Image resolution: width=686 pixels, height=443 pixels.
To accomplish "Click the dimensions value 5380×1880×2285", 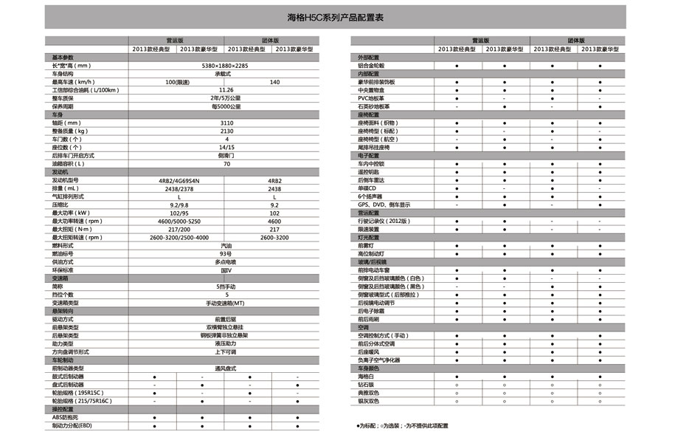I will click(226, 66).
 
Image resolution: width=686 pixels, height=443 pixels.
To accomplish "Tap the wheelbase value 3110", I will click(226, 123).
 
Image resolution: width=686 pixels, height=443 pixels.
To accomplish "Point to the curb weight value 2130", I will click(226, 131).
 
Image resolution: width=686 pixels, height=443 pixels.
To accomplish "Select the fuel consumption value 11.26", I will click(226, 90).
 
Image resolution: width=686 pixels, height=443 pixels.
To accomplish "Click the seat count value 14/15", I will click(226, 147).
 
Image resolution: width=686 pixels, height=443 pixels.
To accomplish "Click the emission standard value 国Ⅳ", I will click(226, 270).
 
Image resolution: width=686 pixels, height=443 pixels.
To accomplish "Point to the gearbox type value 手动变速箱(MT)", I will click(226, 303).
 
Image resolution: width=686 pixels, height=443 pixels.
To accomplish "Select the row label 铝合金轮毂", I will click(371, 66).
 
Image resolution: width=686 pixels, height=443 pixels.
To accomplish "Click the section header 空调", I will click(363, 327).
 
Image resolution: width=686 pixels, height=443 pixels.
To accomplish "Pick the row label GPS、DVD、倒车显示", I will click(384, 205).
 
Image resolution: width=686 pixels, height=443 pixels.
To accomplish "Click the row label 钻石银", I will click(367, 385).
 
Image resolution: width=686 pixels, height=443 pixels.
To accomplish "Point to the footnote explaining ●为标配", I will click(402, 426).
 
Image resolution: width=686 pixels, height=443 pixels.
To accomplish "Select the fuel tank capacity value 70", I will click(226, 163).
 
